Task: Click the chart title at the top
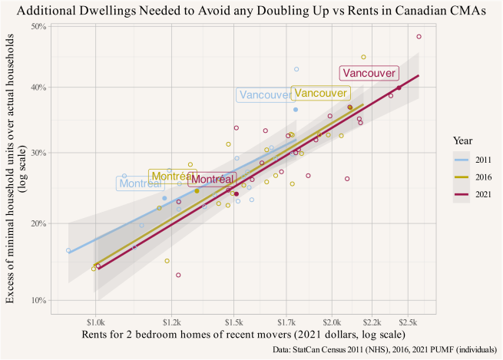(251, 10)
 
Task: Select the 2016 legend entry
(470, 178)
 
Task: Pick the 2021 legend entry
(470, 195)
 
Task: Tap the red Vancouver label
(369, 73)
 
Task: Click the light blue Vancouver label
(266, 95)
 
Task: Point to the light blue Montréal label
(141, 183)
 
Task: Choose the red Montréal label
(211, 179)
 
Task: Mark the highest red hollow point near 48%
(419, 37)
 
